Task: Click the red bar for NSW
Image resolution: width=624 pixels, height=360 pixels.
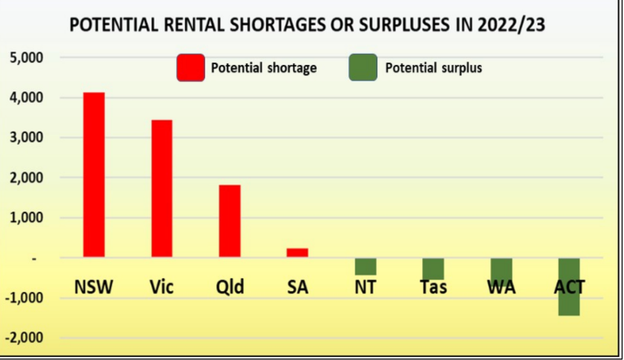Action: coord(94,175)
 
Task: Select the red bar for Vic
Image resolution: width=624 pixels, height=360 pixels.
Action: coord(162,189)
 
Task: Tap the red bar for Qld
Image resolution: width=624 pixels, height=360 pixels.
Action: coord(230,221)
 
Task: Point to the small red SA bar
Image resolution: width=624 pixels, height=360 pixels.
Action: coord(297,253)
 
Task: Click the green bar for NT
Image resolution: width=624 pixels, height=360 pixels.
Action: coord(365,267)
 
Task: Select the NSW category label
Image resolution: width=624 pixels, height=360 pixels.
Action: coord(94,287)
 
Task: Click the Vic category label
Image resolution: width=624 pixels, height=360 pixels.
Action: coord(161,287)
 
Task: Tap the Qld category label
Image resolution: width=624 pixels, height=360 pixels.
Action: coord(230,287)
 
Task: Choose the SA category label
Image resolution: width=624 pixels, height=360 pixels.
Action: coord(297,287)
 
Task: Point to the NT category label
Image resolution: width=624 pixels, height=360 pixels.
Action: coord(365,287)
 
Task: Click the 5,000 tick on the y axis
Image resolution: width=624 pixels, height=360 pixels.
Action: coord(26,58)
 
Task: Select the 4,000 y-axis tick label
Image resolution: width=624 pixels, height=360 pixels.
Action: coord(26,98)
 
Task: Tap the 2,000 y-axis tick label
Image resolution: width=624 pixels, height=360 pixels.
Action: coord(26,178)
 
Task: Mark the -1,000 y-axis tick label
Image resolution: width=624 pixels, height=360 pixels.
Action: coord(24,298)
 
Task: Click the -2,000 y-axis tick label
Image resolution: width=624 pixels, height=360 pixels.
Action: coord(24,338)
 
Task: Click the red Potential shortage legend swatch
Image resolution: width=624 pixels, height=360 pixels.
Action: coord(191,68)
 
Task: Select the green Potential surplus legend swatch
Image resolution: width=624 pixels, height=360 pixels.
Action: coord(363,68)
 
